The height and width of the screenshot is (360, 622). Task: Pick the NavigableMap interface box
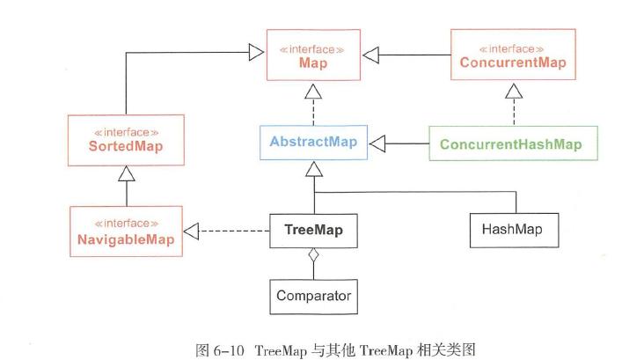[x=126, y=231]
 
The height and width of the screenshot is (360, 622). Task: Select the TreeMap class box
[x=313, y=231]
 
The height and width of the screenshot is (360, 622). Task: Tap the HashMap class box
[x=512, y=231]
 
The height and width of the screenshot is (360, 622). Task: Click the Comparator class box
[x=313, y=296]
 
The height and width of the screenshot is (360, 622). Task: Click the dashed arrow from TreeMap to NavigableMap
[x=233, y=231]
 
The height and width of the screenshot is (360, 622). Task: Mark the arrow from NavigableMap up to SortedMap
[x=126, y=188]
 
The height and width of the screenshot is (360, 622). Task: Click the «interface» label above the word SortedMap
[x=126, y=130]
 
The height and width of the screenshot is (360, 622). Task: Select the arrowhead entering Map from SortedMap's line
[x=258, y=52]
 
